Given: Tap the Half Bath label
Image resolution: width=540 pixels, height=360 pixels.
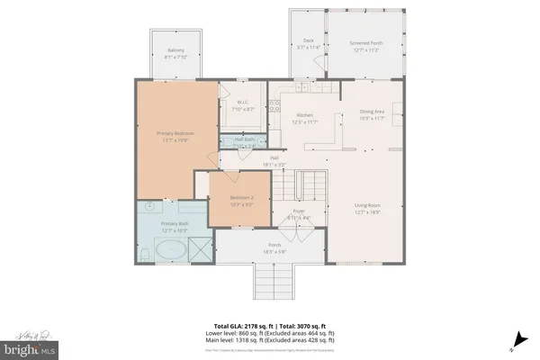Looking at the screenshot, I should point(243,139).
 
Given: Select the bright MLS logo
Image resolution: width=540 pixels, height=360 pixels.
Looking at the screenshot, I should point(30,346).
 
